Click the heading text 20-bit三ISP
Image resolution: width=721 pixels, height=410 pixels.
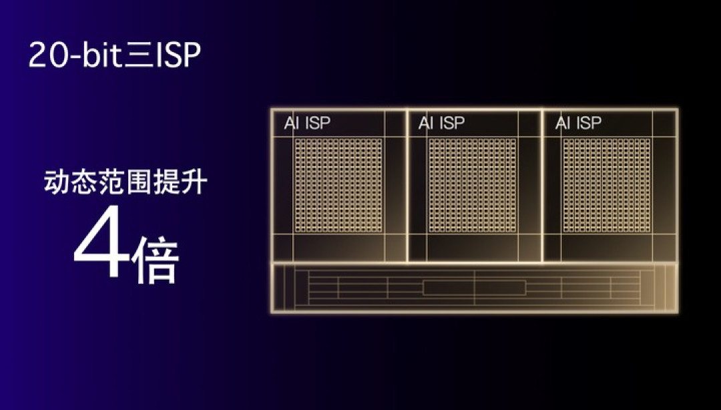pos(115,56)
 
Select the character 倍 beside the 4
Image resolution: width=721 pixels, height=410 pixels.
pos(156,258)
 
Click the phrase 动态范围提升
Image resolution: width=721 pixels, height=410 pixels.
pos(125,182)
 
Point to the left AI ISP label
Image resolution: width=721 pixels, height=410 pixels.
pos(307,124)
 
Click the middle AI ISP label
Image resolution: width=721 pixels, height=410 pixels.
pos(441,123)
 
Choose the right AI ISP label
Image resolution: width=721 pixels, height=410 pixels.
pos(578,123)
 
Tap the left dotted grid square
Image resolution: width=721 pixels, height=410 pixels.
pos(338,185)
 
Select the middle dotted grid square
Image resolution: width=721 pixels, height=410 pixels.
pos(473,185)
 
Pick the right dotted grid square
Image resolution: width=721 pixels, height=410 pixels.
pos(607,185)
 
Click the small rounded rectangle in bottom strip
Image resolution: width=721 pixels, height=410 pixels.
pos(474,288)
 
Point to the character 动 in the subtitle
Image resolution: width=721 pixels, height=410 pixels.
pos(57,182)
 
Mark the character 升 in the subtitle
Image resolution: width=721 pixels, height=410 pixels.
pos(194,182)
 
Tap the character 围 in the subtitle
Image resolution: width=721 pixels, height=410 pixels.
pos(140,183)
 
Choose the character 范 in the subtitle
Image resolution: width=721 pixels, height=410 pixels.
pos(111,182)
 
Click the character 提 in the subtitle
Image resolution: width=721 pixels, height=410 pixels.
pos(166,182)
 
